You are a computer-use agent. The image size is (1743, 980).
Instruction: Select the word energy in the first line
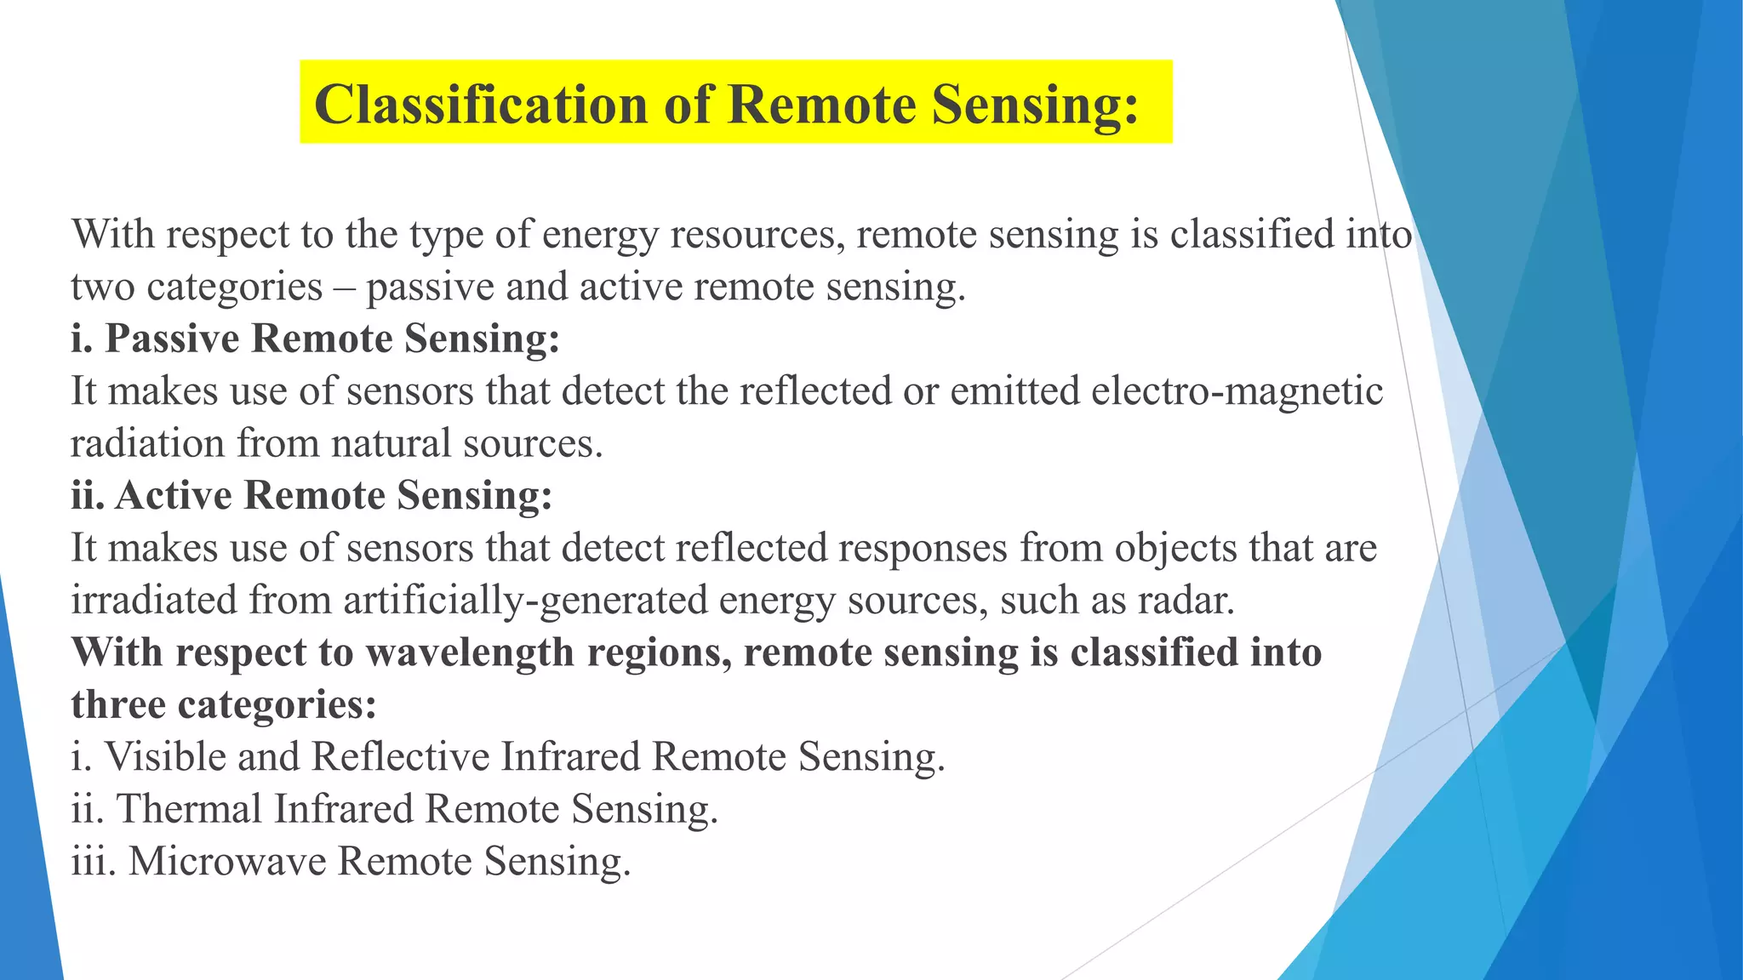tap(600, 236)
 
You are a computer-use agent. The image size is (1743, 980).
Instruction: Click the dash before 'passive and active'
tap(345, 288)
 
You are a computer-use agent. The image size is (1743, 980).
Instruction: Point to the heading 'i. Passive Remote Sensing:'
tap(315, 339)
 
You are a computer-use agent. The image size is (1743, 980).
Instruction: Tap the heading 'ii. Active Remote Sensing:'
tap(311, 495)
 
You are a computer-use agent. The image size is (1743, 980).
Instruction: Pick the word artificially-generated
tap(525, 601)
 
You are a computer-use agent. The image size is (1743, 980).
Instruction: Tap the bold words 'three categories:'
tap(223, 704)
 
